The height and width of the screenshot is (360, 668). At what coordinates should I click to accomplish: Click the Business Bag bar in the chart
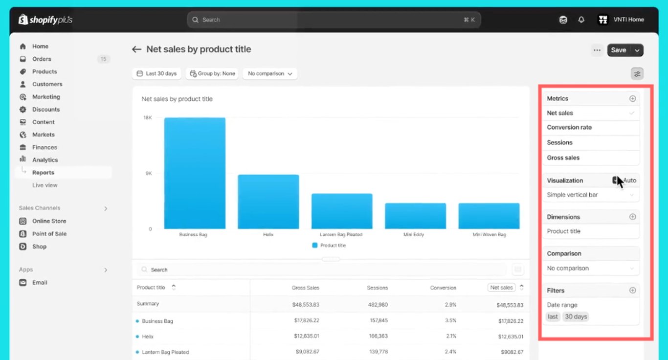(195, 173)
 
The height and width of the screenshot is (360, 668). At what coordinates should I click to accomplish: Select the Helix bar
(268, 202)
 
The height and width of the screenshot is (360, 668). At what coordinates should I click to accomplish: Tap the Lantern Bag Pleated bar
(342, 211)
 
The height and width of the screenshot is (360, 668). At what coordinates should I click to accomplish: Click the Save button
(619, 50)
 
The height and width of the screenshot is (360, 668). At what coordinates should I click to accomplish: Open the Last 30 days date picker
(156, 73)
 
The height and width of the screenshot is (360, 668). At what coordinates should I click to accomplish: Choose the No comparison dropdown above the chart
(270, 73)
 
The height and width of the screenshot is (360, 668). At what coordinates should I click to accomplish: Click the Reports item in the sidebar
(43, 173)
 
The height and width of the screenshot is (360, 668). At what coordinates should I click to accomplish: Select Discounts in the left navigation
(46, 110)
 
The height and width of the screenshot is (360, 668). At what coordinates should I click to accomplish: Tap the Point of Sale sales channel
(49, 234)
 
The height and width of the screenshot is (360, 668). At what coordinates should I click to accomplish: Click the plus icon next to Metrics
(632, 98)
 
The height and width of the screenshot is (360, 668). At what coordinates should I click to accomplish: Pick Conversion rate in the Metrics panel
(569, 127)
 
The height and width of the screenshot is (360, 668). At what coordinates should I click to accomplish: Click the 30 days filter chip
(576, 316)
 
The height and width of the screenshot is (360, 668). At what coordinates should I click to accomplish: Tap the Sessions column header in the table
(377, 288)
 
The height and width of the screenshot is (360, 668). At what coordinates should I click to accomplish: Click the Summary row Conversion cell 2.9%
(450, 304)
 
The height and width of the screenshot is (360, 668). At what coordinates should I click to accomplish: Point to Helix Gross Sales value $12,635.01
(307, 337)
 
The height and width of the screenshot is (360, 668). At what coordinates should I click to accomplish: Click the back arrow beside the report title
(136, 49)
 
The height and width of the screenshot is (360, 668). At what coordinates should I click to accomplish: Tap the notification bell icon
(581, 20)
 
